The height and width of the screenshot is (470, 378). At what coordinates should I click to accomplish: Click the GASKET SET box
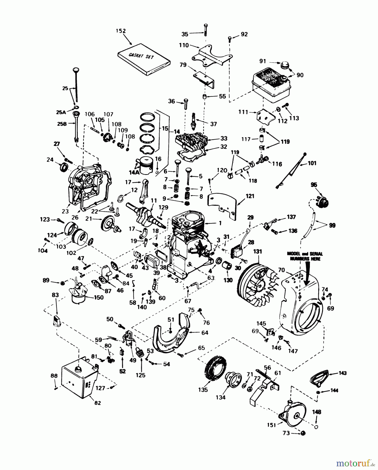coord(144,59)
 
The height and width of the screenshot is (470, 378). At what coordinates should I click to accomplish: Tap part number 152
coord(121,31)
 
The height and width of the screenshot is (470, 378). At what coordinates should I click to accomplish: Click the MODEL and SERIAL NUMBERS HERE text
coord(305,256)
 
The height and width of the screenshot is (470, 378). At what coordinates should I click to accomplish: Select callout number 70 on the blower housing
coord(281,270)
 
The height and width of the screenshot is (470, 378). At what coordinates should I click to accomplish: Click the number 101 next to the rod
coord(312,163)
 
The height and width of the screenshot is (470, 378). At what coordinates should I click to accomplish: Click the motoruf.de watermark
coord(355,463)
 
